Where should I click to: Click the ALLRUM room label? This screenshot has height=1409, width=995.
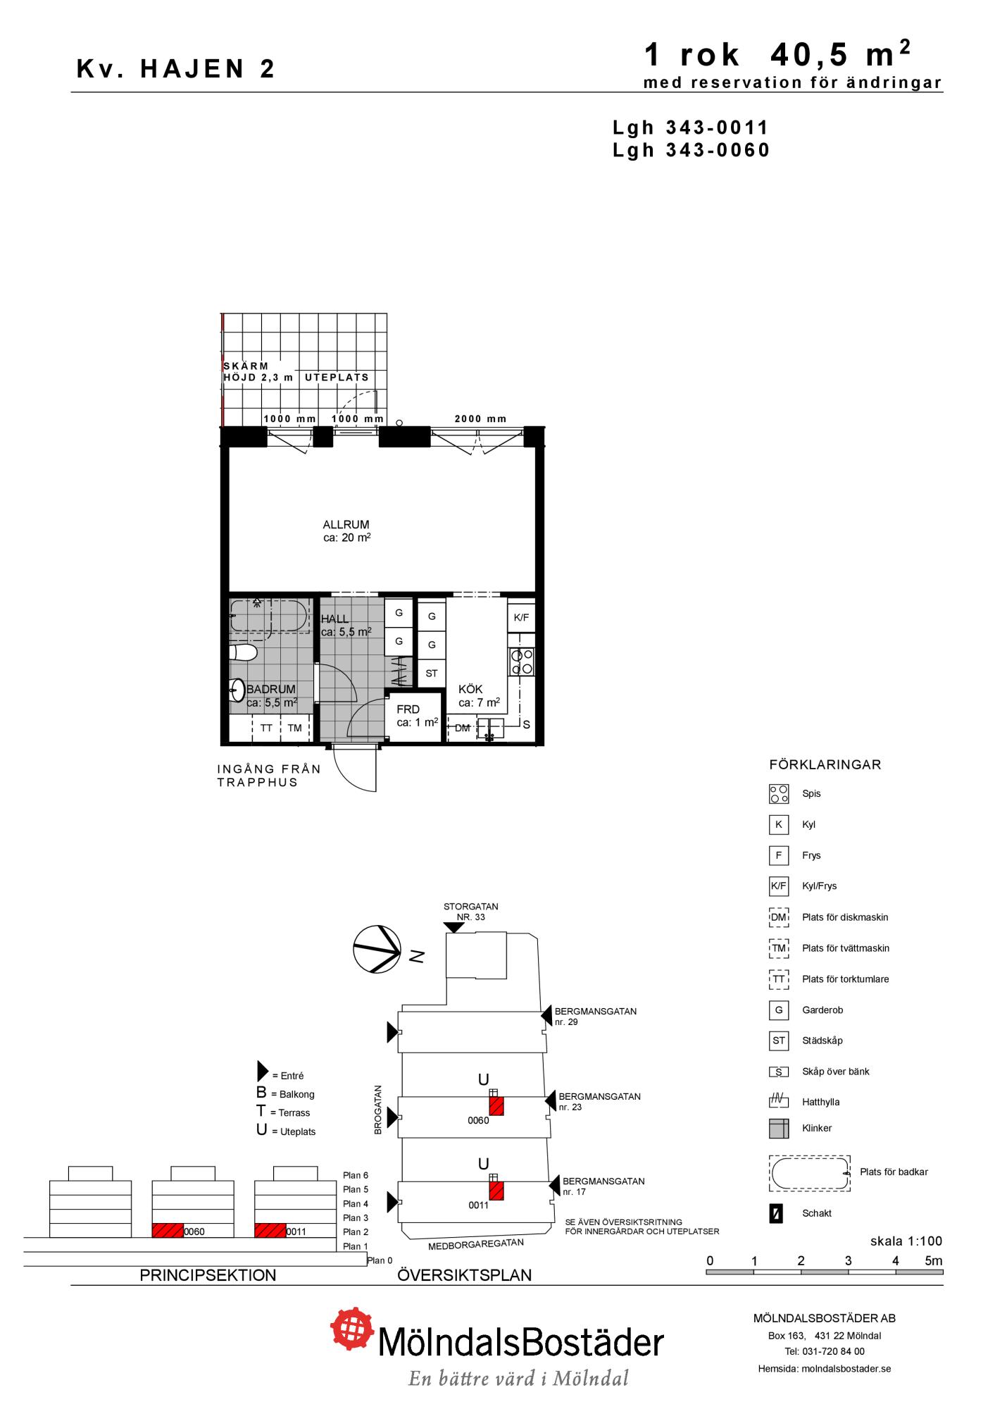click(346, 525)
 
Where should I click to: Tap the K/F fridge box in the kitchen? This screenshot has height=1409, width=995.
click(521, 618)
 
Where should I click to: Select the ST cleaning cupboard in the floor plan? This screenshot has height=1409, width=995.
click(432, 673)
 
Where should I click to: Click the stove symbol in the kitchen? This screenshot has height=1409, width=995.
click(522, 662)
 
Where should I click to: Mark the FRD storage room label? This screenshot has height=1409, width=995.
click(408, 709)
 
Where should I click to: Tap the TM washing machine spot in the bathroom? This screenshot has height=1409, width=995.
click(294, 728)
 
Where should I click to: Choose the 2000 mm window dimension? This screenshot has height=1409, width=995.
click(480, 418)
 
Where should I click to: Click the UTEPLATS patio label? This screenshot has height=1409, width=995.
click(337, 378)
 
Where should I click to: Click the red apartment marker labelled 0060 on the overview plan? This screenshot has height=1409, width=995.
click(496, 1106)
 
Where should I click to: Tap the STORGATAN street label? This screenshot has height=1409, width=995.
click(471, 907)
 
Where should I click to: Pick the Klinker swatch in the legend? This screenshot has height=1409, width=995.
click(779, 1128)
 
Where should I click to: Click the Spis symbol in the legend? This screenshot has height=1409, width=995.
click(779, 794)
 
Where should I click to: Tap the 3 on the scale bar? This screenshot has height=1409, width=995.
click(848, 1260)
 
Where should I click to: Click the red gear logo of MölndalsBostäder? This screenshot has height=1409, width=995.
click(352, 1329)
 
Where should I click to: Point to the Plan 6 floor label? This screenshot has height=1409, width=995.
click(356, 1175)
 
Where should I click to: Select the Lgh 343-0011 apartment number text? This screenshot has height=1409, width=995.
click(691, 128)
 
